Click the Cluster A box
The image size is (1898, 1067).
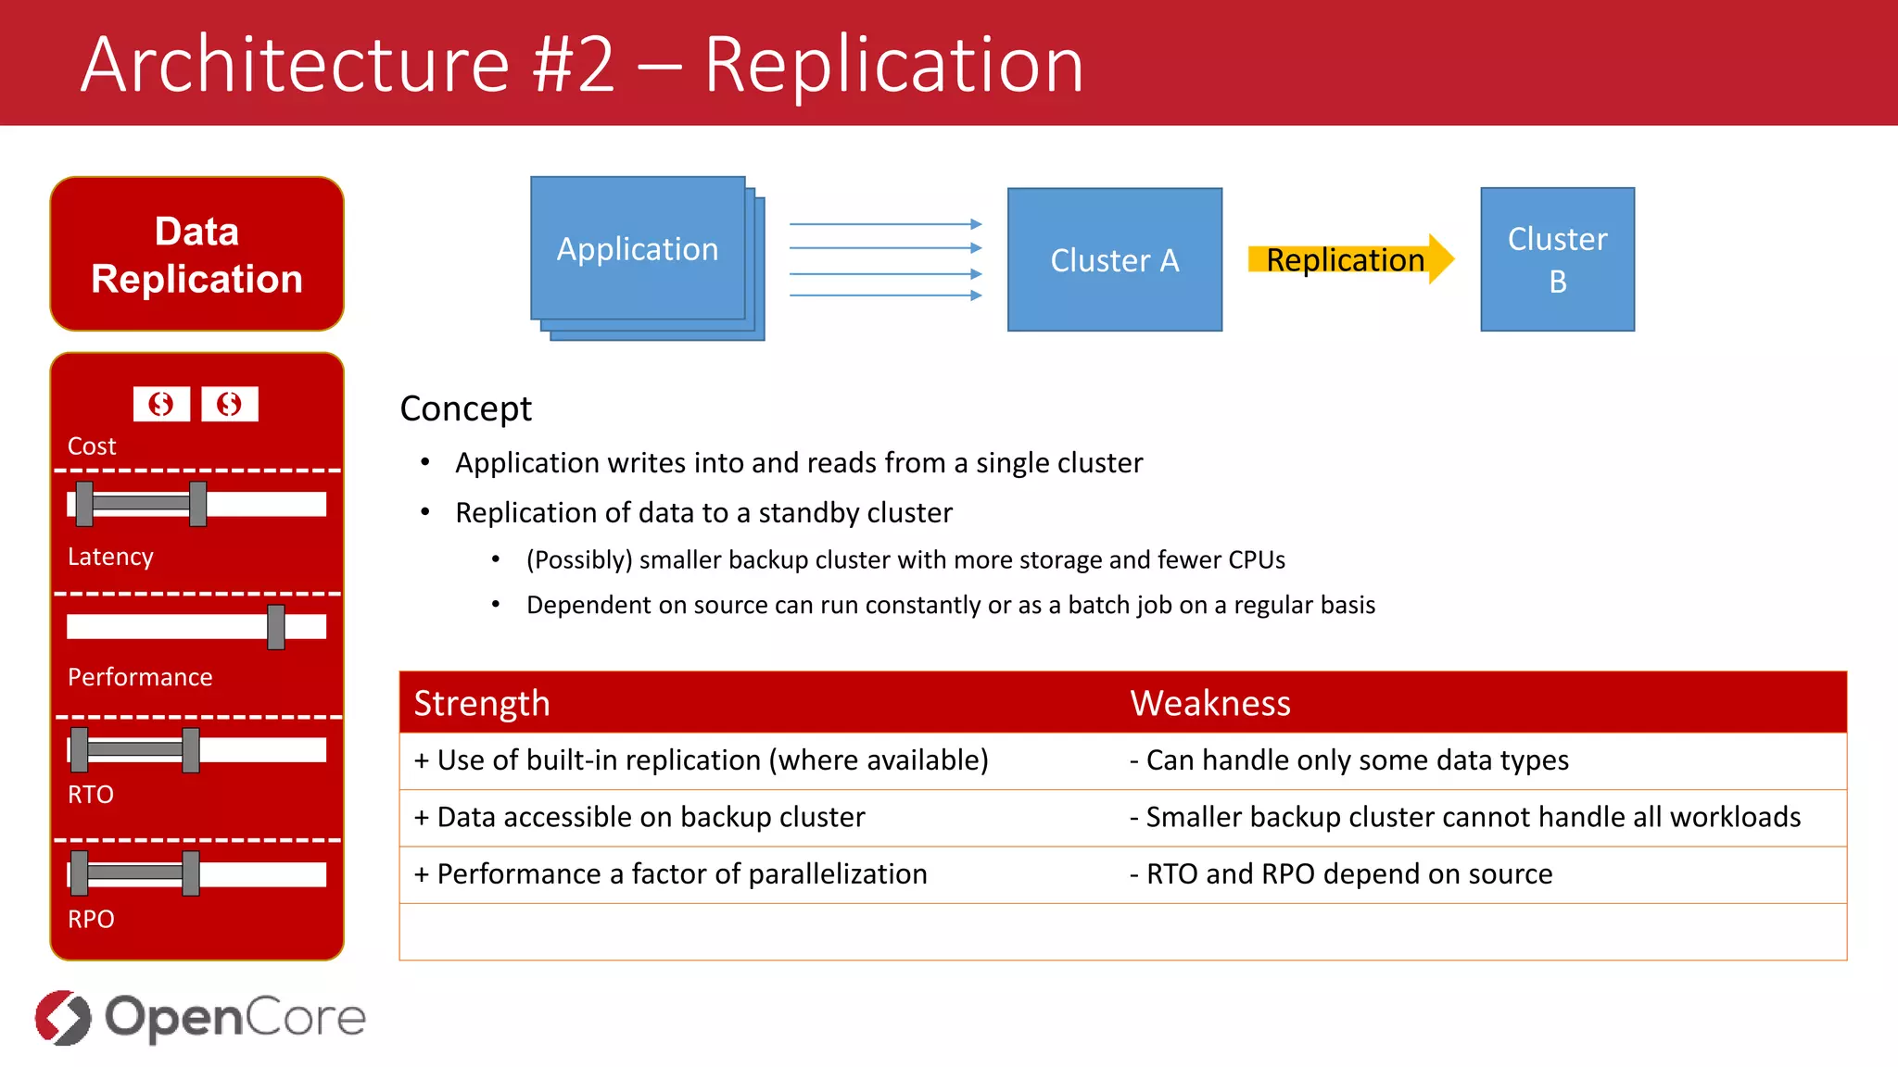point(1114,259)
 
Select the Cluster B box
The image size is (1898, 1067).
point(1557,259)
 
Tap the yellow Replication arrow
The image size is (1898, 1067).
point(1349,259)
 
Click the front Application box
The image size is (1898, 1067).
point(638,248)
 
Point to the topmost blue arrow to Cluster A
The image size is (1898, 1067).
point(885,224)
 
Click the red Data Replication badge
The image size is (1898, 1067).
point(196,254)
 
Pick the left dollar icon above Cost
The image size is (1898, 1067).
point(161,404)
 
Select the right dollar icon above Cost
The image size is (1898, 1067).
point(230,404)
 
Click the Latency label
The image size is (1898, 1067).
point(110,557)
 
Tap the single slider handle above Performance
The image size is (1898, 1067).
point(276,627)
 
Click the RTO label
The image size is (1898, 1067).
point(91,795)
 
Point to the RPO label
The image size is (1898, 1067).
point(91,919)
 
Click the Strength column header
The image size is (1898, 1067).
point(482,703)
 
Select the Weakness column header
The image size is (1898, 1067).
point(1209,703)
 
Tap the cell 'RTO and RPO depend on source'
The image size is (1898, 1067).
point(1348,873)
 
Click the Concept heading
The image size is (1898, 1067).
point(465,408)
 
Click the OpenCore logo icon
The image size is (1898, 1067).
point(63,1017)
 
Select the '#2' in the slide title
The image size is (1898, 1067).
point(574,65)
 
